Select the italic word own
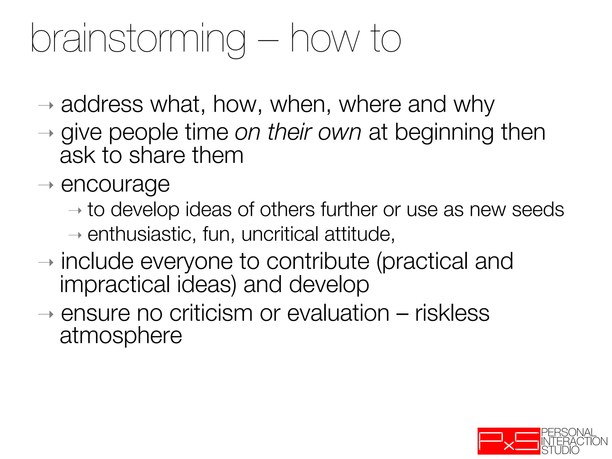340,132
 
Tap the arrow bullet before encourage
46,185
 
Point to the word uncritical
280,234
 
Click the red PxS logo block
509,441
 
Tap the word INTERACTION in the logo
574,441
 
